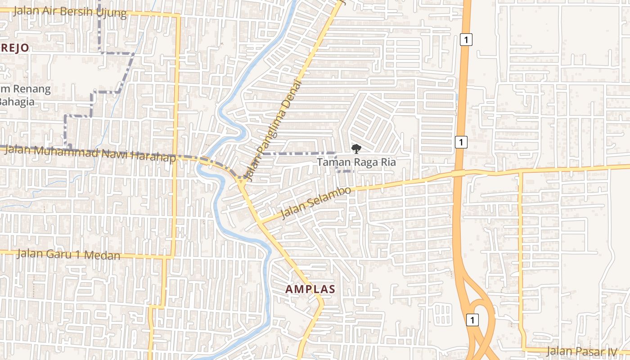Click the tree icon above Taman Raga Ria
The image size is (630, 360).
click(356, 148)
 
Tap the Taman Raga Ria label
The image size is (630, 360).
click(356, 162)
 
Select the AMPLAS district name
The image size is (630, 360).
click(310, 289)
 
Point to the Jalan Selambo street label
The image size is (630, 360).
click(315, 203)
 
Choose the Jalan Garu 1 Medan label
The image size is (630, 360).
click(69, 254)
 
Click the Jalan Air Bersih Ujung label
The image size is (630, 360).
click(70, 11)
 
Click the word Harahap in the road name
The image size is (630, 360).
click(153, 156)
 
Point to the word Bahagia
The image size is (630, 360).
click(16, 101)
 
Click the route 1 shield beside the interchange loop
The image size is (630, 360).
click(472, 320)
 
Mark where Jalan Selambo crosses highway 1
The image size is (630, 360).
click(458, 173)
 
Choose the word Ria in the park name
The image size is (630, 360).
click(388, 162)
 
